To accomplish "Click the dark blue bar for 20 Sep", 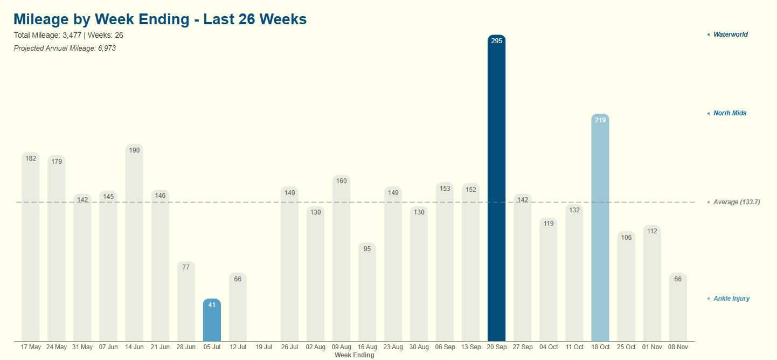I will point(496,189).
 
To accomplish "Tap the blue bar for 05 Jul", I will point(212,320).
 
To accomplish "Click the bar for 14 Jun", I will point(134,243).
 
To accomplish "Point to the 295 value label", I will point(497,41).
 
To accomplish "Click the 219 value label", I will point(600,120).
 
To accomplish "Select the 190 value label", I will point(134,150).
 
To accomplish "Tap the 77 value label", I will point(186,267).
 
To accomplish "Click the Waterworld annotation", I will point(730,34).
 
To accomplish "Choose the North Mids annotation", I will point(730,113).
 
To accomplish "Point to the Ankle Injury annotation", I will point(731,299).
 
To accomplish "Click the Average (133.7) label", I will point(736,202).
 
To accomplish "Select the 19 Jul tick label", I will point(264,347).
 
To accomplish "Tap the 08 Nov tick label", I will point(678,347).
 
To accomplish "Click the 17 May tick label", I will point(31,347).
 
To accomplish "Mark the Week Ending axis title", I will point(354,355).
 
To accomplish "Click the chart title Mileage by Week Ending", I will point(160,19).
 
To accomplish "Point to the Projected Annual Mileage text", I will point(65,49).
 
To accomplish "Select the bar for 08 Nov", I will point(678,307).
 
